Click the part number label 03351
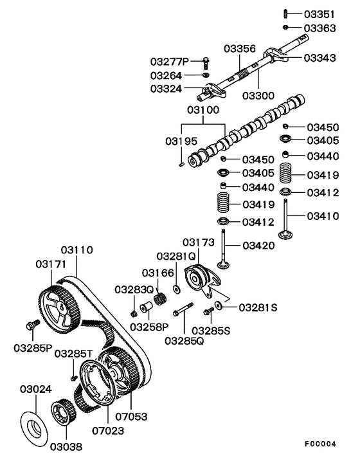pyautogui.click(x=319, y=14)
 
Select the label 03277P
pyautogui.click(x=170, y=62)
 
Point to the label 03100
pyautogui.click(x=204, y=111)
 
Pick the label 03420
pyautogui.click(x=258, y=245)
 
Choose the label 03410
pyautogui.click(x=322, y=216)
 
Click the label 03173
pyautogui.click(x=199, y=242)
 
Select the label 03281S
pyautogui.click(x=258, y=307)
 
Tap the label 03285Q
pyautogui.click(x=184, y=340)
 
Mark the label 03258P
pyautogui.click(x=149, y=326)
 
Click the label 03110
pyautogui.click(x=77, y=250)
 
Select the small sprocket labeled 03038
pyautogui.click(x=62, y=413)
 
